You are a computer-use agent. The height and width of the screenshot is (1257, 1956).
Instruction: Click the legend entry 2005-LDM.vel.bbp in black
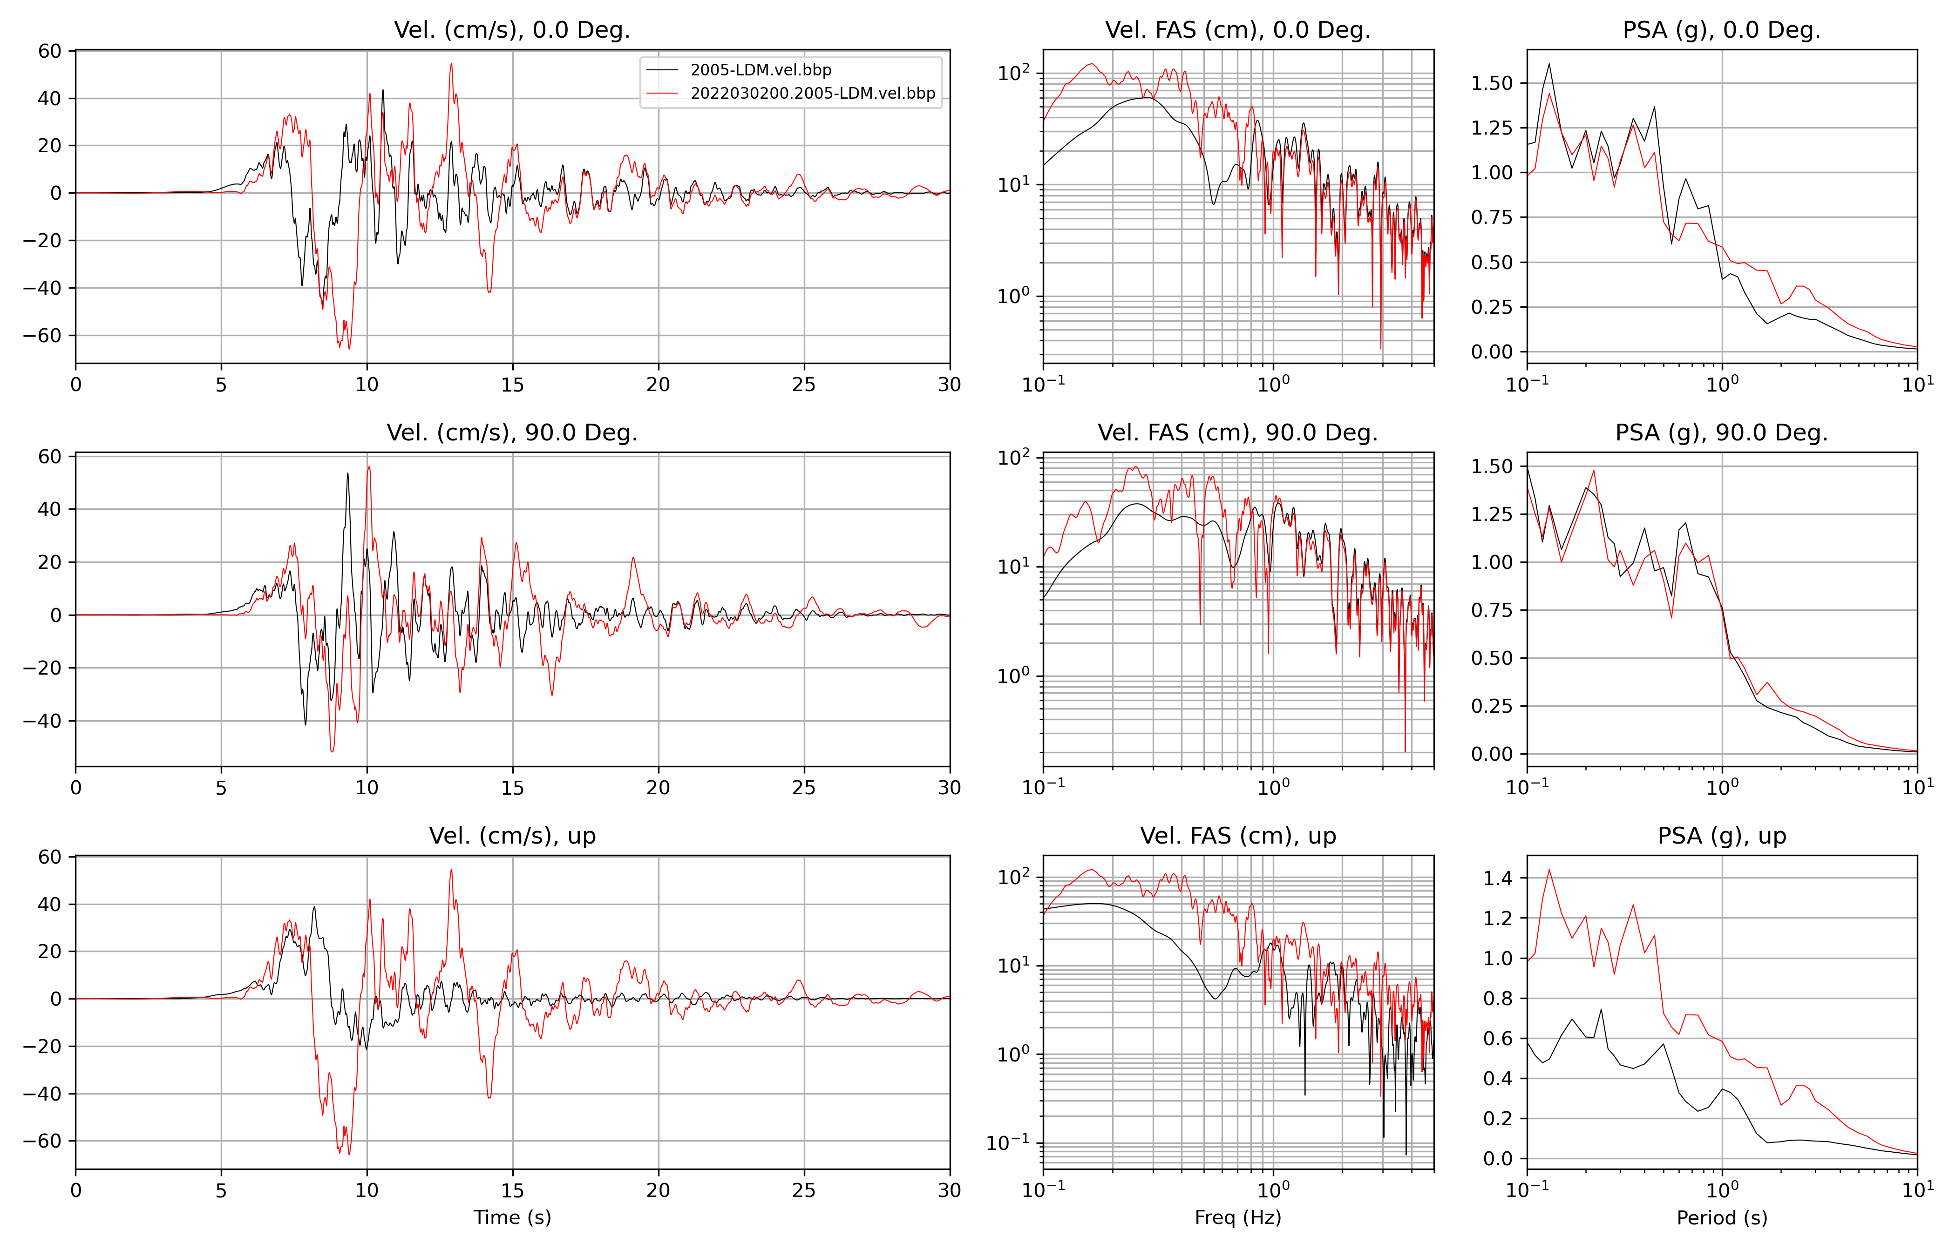(x=760, y=70)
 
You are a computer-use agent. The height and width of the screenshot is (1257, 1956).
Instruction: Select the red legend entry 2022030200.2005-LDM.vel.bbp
(x=812, y=93)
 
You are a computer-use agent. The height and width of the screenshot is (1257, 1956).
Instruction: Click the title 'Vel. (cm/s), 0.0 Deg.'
(x=512, y=30)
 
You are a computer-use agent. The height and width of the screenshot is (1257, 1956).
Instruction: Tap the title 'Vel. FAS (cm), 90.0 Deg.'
(x=1237, y=433)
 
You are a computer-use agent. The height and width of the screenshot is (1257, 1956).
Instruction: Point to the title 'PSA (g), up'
(x=1722, y=836)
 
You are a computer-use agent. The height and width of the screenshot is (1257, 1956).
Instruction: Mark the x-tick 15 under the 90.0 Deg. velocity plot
(x=513, y=788)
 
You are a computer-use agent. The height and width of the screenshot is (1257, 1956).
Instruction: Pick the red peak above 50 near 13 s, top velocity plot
(x=451, y=65)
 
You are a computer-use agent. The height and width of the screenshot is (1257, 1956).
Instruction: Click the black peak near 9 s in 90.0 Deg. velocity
(x=348, y=473)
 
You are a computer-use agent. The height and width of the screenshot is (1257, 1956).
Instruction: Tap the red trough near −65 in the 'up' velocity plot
(x=349, y=1153)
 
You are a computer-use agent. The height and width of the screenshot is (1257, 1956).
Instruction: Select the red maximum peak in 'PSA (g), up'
(x=1548, y=870)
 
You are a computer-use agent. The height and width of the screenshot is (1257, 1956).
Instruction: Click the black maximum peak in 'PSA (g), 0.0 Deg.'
(x=1548, y=65)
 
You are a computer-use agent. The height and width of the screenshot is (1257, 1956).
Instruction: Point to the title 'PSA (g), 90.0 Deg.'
(x=1722, y=433)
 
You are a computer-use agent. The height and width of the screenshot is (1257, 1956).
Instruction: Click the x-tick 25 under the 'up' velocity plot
(x=804, y=1190)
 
